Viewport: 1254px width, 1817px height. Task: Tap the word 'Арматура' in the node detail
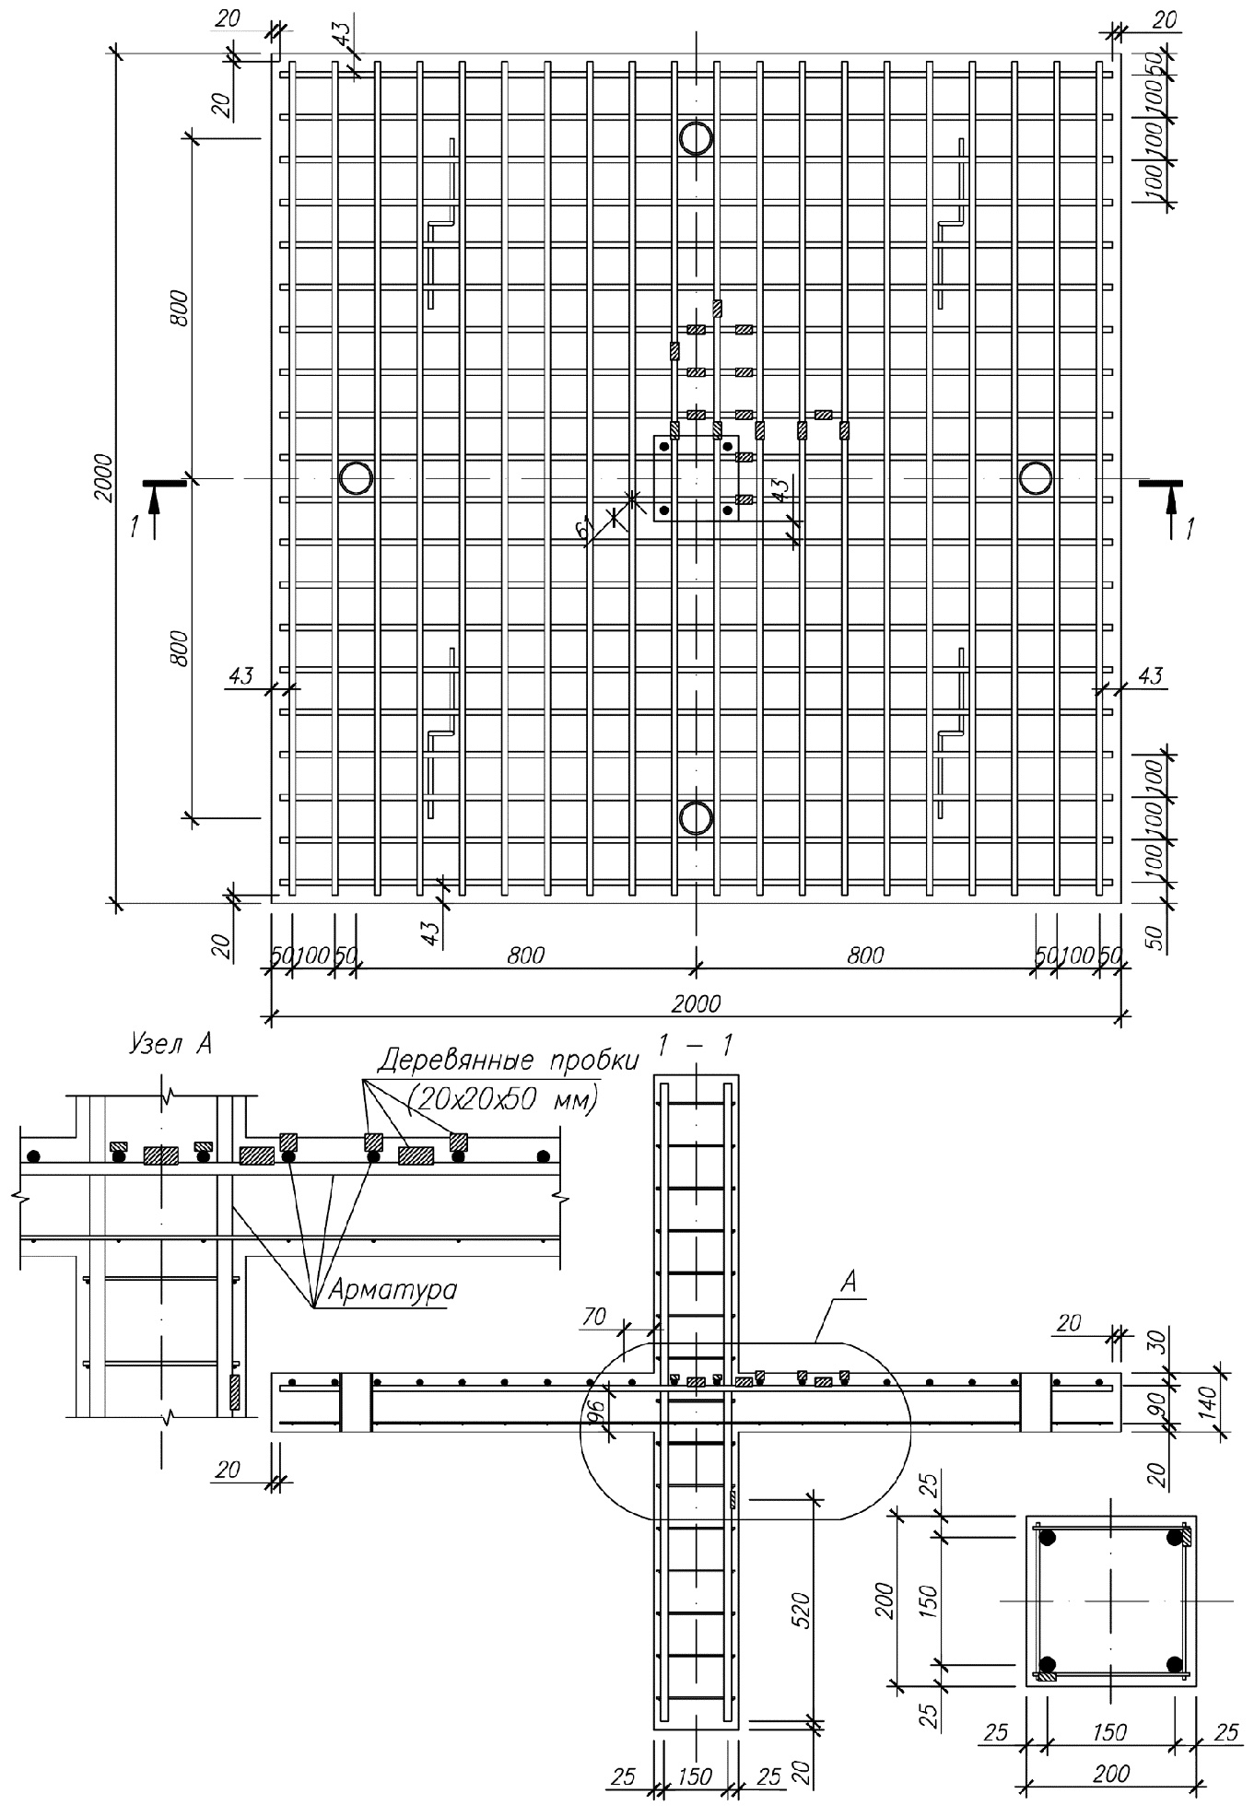pyautogui.click(x=386, y=1289)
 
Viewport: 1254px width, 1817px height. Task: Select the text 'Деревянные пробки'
pyautogui.click(x=508, y=1061)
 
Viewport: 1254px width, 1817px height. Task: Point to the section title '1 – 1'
pyautogui.click(x=697, y=1045)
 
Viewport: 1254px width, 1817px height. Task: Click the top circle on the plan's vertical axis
pyautogui.click(x=696, y=138)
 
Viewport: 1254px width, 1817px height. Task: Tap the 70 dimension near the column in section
pyautogui.click(x=594, y=1317)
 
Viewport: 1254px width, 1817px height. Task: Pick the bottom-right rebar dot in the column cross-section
pyautogui.click(x=1174, y=1665)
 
